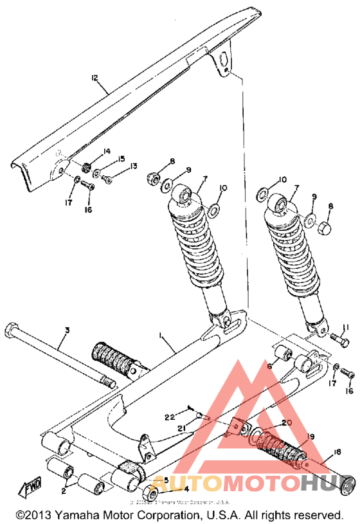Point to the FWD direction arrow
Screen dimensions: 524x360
click(30, 490)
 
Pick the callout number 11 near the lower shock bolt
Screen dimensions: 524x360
click(345, 327)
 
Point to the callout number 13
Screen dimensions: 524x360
click(133, 166)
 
